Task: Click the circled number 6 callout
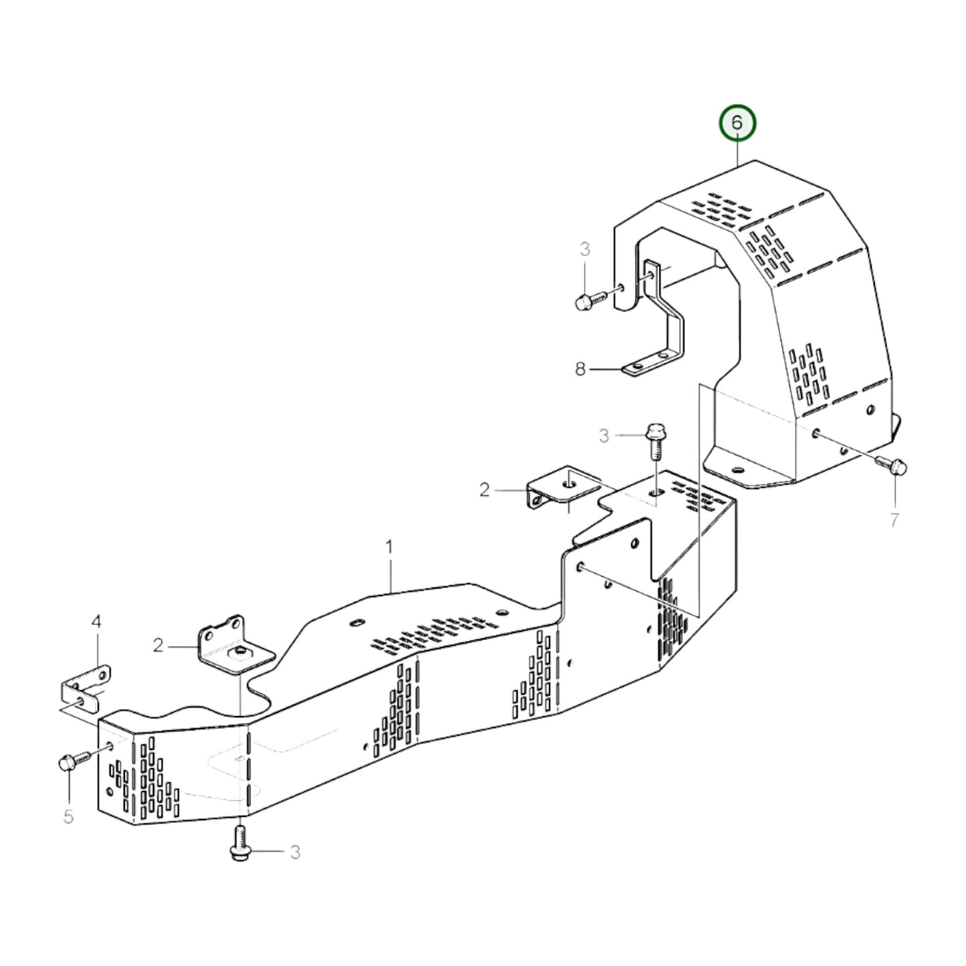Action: (x=737, y=124)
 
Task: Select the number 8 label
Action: (x=580, y=368)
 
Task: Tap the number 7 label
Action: (x=894, y=519)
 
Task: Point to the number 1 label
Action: (x=389, y=548)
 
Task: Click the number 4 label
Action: (x=96, y=622)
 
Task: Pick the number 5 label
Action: (x=68, y=817)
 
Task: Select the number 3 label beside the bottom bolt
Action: (x=295, y=852)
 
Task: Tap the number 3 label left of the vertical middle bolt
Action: (x=604, y=437)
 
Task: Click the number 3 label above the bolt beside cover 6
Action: (x=585, y=250)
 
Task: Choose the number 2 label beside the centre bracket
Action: (x=485, y=490)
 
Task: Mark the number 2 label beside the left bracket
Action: (x=158, y=645)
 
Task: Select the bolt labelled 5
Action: (x=72, y=761)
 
